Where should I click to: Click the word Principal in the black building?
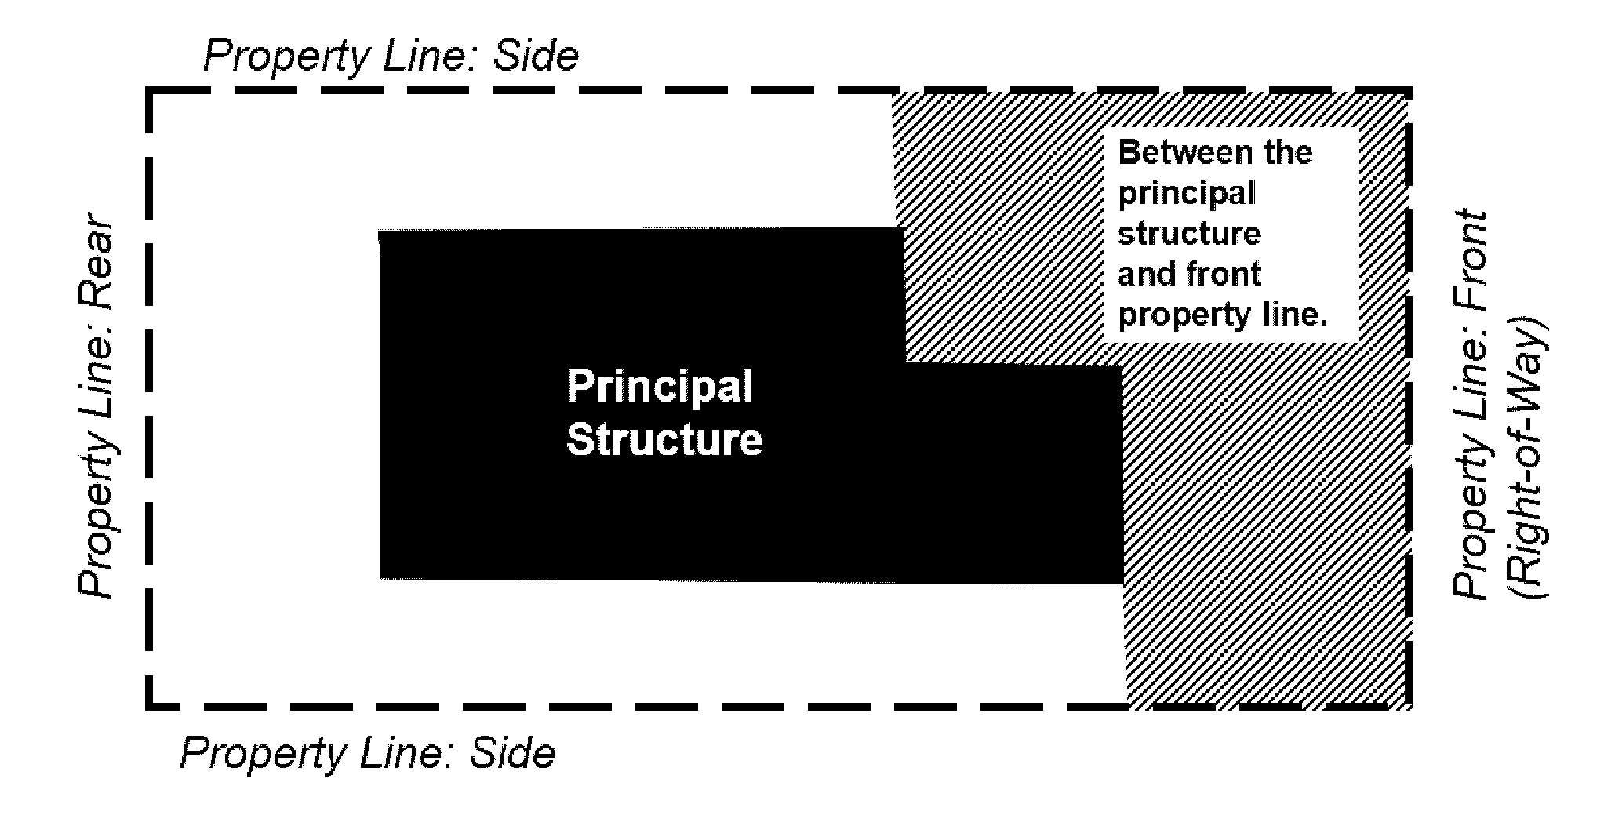click(660, 387)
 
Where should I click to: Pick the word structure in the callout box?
click(1189, 234)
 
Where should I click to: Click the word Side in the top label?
click(536, 56)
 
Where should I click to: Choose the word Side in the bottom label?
click(512, 753)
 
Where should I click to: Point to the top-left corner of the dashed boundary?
click(148, 93)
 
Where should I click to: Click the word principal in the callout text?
click(1186, 193)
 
